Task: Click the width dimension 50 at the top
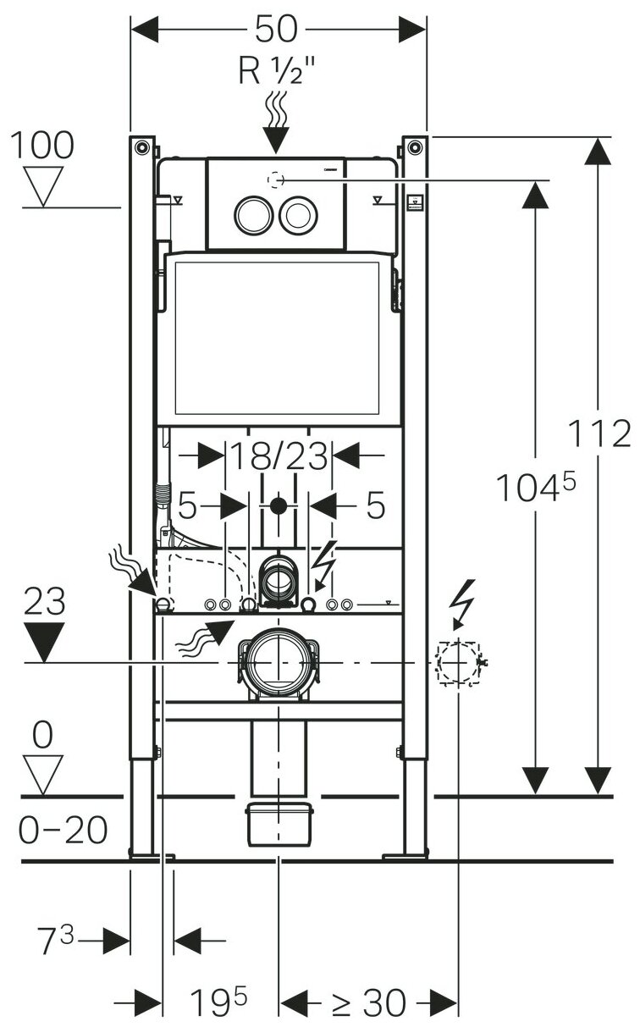277,30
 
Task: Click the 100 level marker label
42,146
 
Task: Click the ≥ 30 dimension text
366,1003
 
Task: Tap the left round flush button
251,214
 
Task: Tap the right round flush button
297,214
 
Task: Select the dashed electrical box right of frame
458,661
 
